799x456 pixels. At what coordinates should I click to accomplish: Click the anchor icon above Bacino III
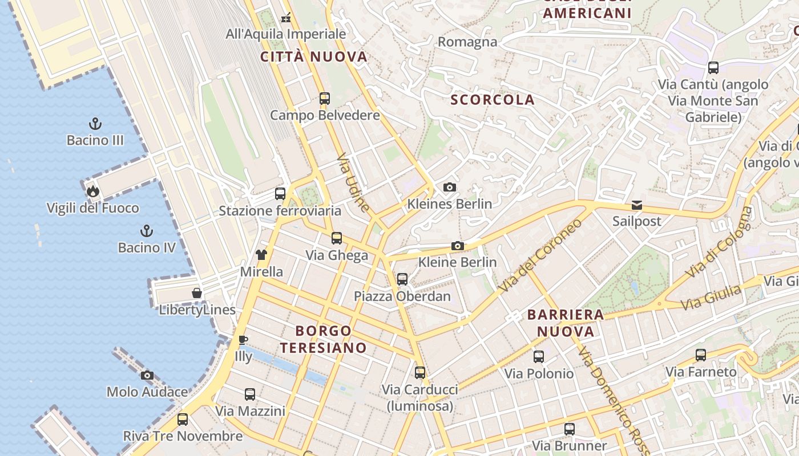coord(95,124)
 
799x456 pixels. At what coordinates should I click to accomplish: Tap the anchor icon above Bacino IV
coord(147,231)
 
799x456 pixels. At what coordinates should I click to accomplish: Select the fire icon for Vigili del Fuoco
coord(92,191)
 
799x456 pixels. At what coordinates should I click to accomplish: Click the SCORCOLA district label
coord(493,100)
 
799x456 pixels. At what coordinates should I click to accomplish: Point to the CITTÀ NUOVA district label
coord(314,56)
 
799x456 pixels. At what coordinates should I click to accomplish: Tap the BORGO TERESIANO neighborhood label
coord(323,339)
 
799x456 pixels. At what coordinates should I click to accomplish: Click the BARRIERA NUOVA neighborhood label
coord(565,323)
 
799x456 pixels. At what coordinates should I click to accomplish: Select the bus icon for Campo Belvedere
coord(325,99)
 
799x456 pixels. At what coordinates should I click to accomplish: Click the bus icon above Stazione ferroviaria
coord(280,194)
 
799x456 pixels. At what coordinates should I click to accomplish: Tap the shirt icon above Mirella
coord(261,255)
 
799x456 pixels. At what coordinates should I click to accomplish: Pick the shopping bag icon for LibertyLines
coord(197,293)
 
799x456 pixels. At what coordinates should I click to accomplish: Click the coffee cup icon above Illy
coord(243,340)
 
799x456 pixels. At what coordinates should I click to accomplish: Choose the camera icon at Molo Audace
coord(147,375)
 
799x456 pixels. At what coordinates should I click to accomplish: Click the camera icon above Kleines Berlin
coord(450,187)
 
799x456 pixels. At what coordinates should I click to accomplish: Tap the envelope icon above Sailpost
coord(636,205)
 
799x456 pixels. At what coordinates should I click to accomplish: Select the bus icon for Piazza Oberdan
coord(402,279)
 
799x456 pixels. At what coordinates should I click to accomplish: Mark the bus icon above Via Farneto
coord(701,355)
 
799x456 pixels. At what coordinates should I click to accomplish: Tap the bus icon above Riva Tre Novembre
coord(183,420)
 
